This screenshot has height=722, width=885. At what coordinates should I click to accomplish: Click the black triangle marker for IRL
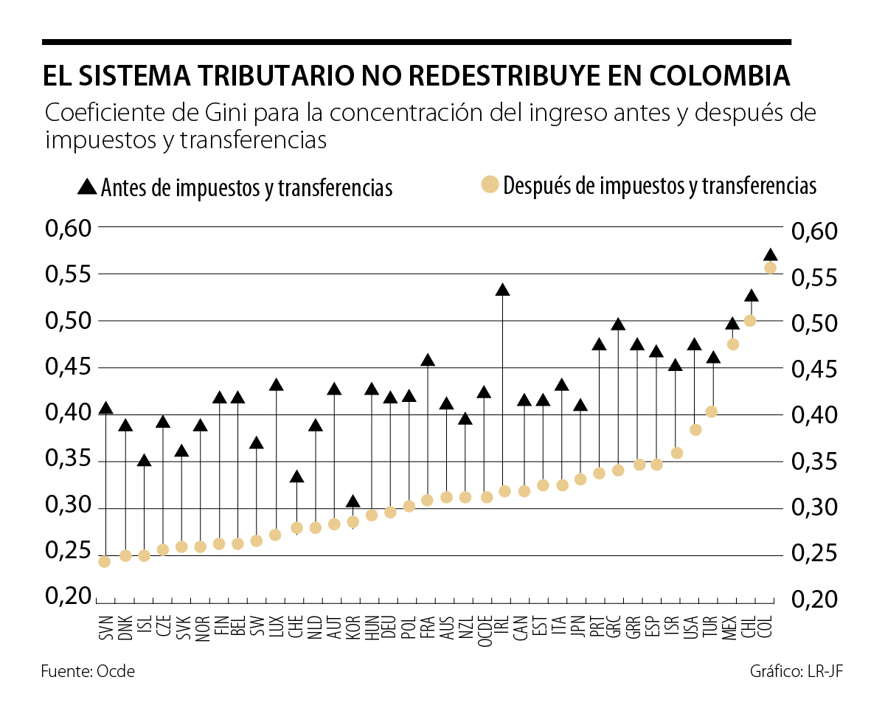[x=503, y=290]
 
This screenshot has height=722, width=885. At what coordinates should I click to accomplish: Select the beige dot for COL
[x=770, y=268]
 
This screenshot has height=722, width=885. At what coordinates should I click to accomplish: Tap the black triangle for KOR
[x=353, y=502]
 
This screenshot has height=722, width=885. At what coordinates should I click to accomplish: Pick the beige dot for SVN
[x=104, y=561]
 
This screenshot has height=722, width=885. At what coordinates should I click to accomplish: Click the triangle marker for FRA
[x=427, y=361]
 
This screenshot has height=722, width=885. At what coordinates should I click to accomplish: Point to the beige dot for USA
[x=695, y=429]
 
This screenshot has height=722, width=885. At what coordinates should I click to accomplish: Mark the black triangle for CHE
[x=296, y=477]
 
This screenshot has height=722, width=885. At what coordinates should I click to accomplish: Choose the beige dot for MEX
[x=733, y=344]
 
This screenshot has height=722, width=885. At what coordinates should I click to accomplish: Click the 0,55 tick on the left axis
[x=68, y=274]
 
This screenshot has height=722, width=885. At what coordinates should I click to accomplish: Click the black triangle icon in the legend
[x=87, y=187]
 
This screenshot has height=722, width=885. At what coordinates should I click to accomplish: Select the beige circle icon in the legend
[x=490, y=184]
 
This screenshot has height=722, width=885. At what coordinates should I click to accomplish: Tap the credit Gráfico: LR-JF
[x=796, y=671]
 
